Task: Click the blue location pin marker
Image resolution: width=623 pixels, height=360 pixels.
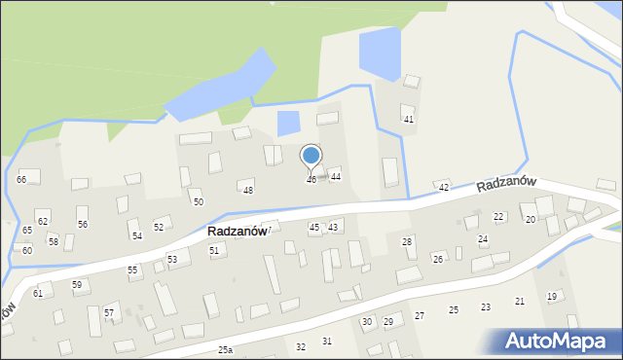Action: tap(311, 157)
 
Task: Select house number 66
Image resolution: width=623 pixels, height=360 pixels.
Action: tap(21, 180)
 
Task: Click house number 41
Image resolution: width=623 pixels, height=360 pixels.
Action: tap(409, 119)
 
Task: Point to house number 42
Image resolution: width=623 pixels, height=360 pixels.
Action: tap(444, 187)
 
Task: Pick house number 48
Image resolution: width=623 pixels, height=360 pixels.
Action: tap(248, 190)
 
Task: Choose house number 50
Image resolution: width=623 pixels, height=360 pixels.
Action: tap(199, 201)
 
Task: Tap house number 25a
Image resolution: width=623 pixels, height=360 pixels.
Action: tap(226, 349)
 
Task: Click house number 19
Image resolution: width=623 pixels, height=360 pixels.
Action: tap(551, 296)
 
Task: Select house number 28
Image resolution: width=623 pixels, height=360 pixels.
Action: tap(407, 241)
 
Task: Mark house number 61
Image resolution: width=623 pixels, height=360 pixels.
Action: tap(38, 293)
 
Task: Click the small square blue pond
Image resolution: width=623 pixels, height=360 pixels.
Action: tap(289, 124)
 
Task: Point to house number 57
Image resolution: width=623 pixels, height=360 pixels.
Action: tap(109, 312)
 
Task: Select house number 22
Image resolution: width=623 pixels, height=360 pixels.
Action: tap(498, 216)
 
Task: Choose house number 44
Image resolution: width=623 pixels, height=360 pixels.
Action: tap(335, 176)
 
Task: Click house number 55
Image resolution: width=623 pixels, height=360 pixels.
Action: tap(132, 270)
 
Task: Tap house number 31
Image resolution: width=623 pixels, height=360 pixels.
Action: tap(327, 341)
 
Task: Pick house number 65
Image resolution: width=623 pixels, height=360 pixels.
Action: tap(27, 231)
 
